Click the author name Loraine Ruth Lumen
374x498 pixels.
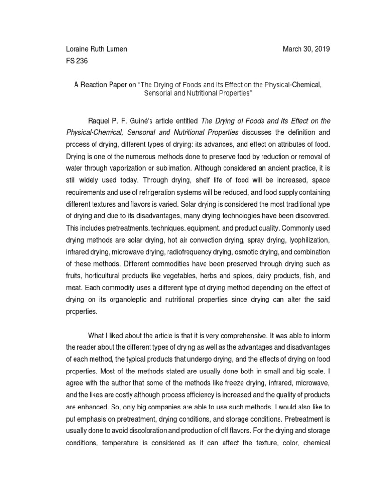pos(96,49)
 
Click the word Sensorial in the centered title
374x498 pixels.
pos(160,92)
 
